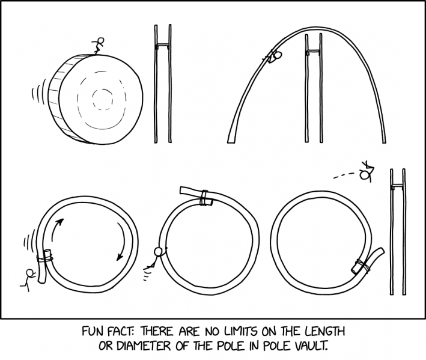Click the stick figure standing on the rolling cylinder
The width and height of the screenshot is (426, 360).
click(99, 46)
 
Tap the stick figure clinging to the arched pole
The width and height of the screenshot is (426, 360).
click(275, 56)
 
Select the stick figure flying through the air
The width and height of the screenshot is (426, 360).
click(365, 172)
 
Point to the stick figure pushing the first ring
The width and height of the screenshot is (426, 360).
click(28, 278)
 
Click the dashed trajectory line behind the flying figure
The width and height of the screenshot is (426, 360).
click(344, 175)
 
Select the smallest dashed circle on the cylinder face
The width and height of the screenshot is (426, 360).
click(102, 98)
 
